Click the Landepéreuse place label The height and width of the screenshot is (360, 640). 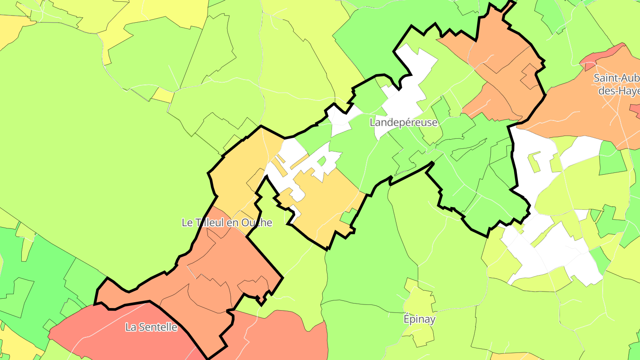coord(404,123)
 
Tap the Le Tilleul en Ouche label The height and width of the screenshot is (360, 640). coord(227,223)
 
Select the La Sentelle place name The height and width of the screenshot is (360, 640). coord(151,328)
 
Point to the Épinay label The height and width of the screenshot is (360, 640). coord(420,319)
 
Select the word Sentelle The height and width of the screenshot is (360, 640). coord(157,328)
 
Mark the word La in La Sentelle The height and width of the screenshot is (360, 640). coord(130,328)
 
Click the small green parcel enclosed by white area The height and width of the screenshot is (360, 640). coord(321,161)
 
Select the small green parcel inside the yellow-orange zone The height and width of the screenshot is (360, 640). coord(348,216)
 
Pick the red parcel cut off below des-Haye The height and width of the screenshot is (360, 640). coord(636,109)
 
